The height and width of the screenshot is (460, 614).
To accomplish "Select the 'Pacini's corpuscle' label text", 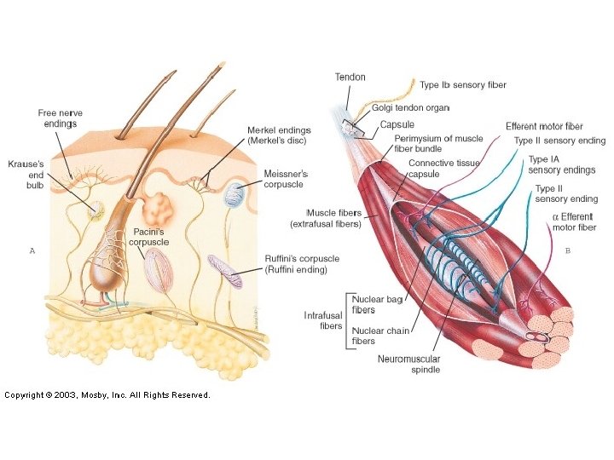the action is [x=149, y=237].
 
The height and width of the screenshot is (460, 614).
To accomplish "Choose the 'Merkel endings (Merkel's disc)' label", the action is [x=279, y=135].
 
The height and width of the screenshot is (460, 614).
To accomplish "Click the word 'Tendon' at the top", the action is [x=350, y=78].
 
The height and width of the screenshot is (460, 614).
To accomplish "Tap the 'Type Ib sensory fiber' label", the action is [x=463, y=85].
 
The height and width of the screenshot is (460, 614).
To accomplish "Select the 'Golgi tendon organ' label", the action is [x=410, y=108].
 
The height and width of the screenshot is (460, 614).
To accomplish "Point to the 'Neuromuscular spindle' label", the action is [x=408, y=365].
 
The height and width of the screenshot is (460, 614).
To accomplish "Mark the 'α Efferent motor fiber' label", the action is [x=574, y=222].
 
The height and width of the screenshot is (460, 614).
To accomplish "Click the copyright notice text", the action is [x=107, y=394].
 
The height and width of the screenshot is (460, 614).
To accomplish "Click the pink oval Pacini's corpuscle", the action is [x=159, y=270].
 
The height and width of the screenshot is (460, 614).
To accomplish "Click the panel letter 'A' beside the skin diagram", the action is [x=32, y=250].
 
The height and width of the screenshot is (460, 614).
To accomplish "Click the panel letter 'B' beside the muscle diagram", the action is [x=568, y=250].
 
